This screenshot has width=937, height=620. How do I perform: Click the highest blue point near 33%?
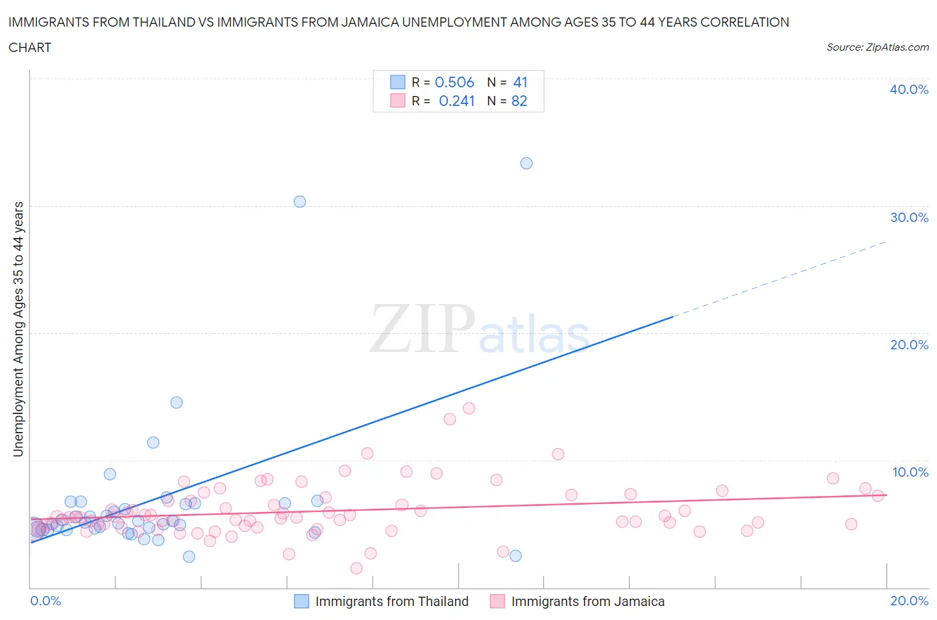(x=526, y=163)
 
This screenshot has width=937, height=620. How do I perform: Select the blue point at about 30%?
(x=300, y=201)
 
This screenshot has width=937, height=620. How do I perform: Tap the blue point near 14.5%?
(x=177, y=402)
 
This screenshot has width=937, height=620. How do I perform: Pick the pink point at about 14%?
(x=469, y=408)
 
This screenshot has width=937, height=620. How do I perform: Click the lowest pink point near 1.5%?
(x=357, y=568)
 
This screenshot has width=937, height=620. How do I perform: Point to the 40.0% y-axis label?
(x=909, y=89)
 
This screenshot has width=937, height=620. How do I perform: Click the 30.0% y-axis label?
(x=909, y=217)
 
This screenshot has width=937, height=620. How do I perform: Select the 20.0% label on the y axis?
(x=909, y=345)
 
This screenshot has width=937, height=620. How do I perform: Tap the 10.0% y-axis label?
(x=910, y=472)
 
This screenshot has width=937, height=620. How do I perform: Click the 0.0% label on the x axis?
(x=45, y=601)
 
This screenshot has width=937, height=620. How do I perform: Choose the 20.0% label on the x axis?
(x=909, y=601)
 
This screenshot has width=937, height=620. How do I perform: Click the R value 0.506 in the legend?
(x=455, y=82)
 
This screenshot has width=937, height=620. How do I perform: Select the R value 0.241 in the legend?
(x=457, y=101)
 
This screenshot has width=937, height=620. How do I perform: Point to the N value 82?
(x=519, y=101)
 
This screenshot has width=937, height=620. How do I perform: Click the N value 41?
(x=520, y=82)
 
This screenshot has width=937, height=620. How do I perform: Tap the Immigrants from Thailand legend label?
(x=392, y=601)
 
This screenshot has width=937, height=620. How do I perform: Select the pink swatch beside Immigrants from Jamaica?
(x=497, y=601)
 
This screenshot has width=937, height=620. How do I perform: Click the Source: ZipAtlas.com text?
(x=877, y=47)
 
